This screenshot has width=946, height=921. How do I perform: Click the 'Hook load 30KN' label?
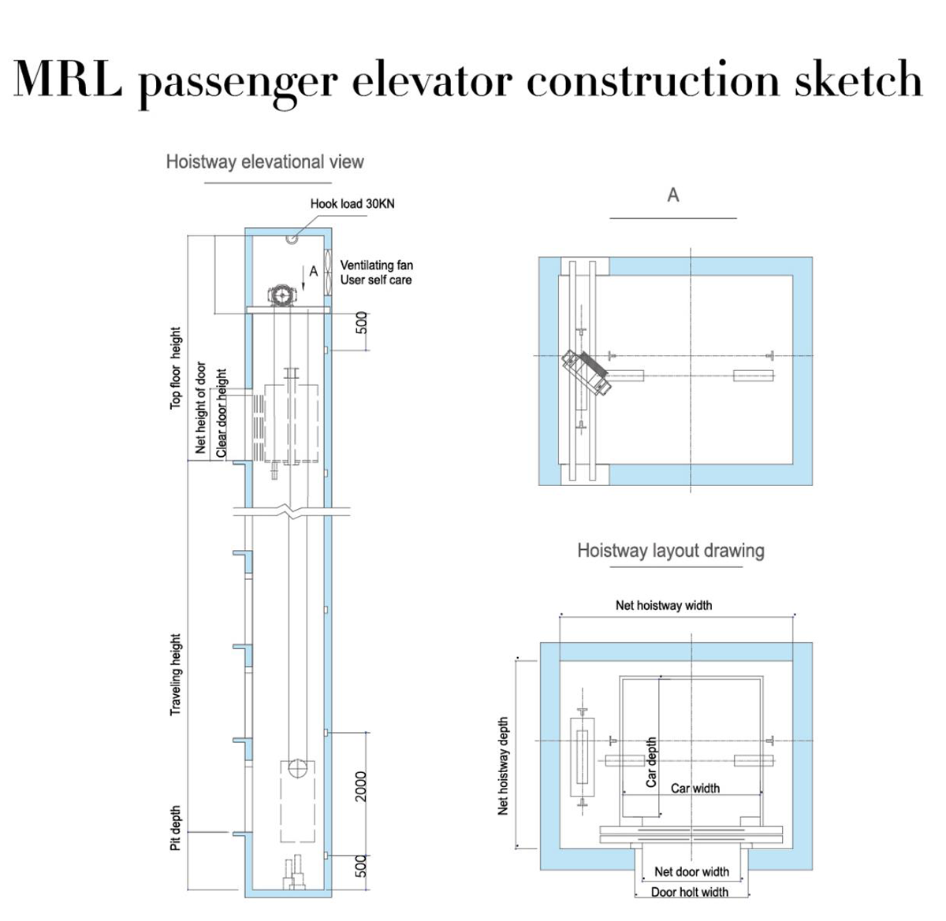[x=352, y=203]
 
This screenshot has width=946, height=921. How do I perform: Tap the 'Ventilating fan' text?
[x=376, y=266]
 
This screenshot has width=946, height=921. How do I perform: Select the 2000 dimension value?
[x=361, y=786]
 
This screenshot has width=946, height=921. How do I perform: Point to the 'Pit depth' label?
[x=176, y=828]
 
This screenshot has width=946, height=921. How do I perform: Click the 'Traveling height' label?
[x=176, y=675]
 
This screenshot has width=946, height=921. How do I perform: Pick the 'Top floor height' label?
[x=176, y=368]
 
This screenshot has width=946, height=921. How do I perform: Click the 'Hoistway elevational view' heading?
[x=265, y=162]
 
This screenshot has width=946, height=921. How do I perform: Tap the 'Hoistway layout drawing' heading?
[x=671, y=551]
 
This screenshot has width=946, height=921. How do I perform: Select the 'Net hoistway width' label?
[x=664, y=606]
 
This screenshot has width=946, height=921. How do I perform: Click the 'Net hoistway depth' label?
[x=504, y=766]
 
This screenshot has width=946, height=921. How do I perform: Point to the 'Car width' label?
[x=695, y=788]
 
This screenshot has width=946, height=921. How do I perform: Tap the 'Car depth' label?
[x=651, y=763]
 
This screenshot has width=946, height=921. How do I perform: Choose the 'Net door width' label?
[x=692, y=871]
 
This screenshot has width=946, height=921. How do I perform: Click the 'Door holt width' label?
[x=690, y=892]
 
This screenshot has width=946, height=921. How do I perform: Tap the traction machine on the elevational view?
[x=282, y=295]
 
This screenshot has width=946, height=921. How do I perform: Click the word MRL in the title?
[x=68, y=79]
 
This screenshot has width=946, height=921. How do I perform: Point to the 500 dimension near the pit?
[x=361, y=866]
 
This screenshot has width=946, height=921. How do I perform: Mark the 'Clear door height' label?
[x=222, y=412]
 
